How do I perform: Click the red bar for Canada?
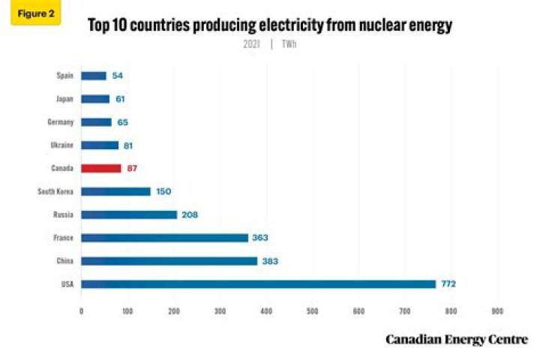tap(100, 169)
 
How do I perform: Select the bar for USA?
tap(258, 284)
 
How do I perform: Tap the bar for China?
tap(169, 261)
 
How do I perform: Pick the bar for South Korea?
tap(115, 191)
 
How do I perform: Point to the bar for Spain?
tap(94, 76)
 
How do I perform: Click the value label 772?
tap(448, 284)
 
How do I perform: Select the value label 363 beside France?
tap(259, 238)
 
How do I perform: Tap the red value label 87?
tap(132, 169)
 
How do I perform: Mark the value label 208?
tap(189, 214)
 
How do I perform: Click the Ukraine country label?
tap(62, 145)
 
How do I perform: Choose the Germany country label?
tap(60, 122)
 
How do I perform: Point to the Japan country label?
tap(63, 99)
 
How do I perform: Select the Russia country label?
tap(63, 214)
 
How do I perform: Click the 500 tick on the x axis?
tap(312, 310)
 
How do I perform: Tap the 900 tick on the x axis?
tap(496, 310)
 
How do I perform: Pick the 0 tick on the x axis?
tap(81, 310)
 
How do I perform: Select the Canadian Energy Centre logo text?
tap(457, 340)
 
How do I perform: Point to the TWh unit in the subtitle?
tap(288, 44)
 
